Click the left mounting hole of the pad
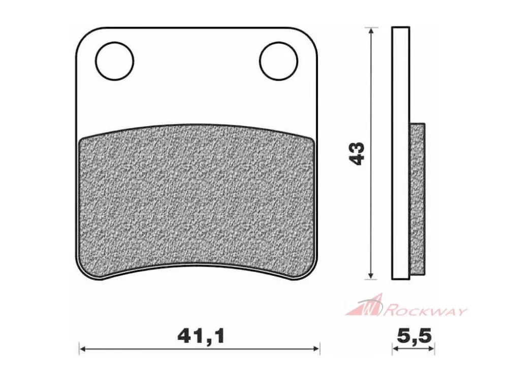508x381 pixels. click(x=115, y=61)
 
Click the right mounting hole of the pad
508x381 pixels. click(x=278, y=61)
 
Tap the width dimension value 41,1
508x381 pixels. click(x=201, y=337)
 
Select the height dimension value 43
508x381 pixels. click(x=358, y=153)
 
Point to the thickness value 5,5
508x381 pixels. click(x=412, y=337)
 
